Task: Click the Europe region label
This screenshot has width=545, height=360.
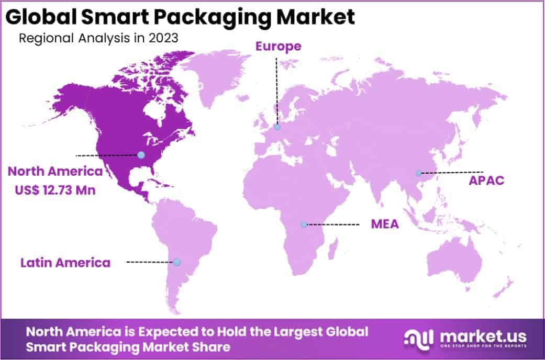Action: (x=278, y=47)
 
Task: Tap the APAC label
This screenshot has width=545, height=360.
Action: (x=486, y=181)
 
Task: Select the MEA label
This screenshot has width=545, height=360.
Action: (x=385, y=224)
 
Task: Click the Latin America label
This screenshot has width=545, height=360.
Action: (x=65, y=262)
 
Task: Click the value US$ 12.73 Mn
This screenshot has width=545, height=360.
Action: (x=55, y=190)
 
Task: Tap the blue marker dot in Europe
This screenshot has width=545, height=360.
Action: (x=277, y=127)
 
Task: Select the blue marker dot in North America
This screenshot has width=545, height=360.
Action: (x=141, y=155)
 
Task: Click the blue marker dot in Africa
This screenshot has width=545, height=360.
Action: (x=304, y=224)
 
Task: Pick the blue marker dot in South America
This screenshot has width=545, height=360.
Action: (x=177, y=262)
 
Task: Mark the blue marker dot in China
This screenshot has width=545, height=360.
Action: (x=418, y=173)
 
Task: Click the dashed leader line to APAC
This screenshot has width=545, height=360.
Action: (x=452, y=172)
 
